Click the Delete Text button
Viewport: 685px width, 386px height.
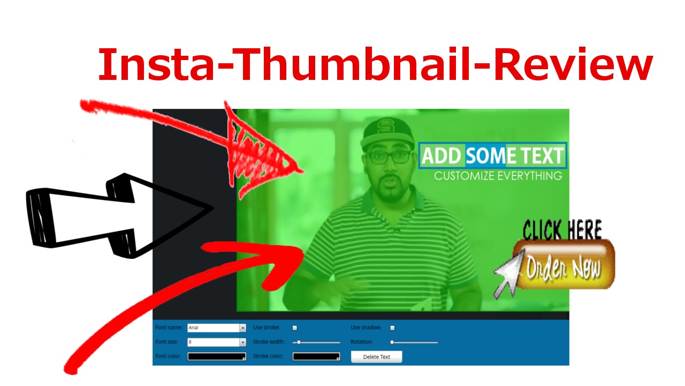coord(376,357)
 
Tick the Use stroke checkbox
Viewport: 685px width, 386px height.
coord(294,328)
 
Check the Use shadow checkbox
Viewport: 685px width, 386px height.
coord(392,328)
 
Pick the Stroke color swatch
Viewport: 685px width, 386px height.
coord(316,357)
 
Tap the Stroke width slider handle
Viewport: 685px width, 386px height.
coord(299,342)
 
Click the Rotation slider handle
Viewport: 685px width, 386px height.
coord(392,342)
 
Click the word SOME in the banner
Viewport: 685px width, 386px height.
coord(485,156)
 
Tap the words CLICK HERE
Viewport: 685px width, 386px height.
coord(562,231)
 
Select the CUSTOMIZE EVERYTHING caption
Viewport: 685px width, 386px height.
coord(498,176)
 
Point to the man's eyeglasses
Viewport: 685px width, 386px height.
coord(389,157)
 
